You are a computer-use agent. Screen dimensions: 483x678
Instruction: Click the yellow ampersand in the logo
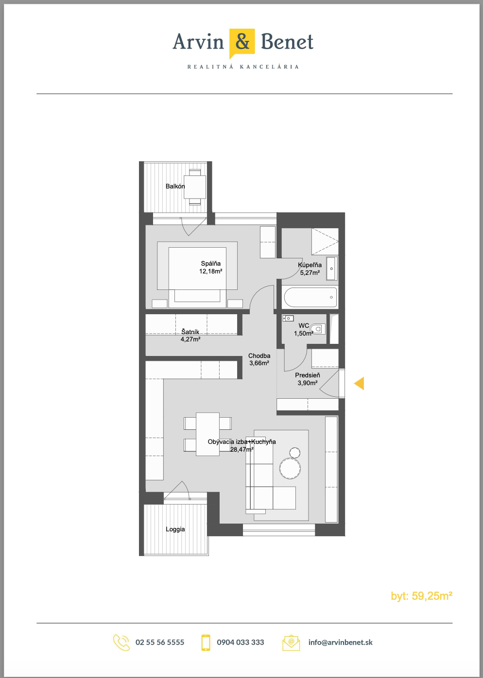pos(242,42)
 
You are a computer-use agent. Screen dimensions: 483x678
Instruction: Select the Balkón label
pos(175,186)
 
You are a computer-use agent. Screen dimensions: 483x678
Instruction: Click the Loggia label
pos(175,529)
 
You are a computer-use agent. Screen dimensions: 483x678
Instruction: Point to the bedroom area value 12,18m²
pos(211,271)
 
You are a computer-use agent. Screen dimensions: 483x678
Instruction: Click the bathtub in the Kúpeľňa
pos(310,297)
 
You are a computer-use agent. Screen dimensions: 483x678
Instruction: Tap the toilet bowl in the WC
pos(318,328)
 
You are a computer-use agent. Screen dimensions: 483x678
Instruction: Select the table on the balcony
pos(195,187)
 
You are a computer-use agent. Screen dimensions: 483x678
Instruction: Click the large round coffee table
pos(290,468)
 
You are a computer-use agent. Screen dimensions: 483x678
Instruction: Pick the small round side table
pos(294,453)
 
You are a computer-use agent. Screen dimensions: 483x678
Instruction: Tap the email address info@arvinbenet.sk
pos(340,642)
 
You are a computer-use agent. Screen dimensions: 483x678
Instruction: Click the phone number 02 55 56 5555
pos(160,642)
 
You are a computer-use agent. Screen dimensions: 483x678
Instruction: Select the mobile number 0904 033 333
pos(241,642)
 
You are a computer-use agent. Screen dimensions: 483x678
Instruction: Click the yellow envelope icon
pos(291,643)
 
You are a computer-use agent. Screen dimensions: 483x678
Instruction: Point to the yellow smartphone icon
pos(206,642)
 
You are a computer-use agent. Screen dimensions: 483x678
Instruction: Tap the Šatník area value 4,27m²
pos(190,339)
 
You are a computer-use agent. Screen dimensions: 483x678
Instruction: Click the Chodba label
pos(259,356)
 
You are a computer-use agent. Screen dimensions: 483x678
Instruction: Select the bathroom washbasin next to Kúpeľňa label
pos(331,269)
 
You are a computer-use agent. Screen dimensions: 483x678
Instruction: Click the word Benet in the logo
pos(287,41)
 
